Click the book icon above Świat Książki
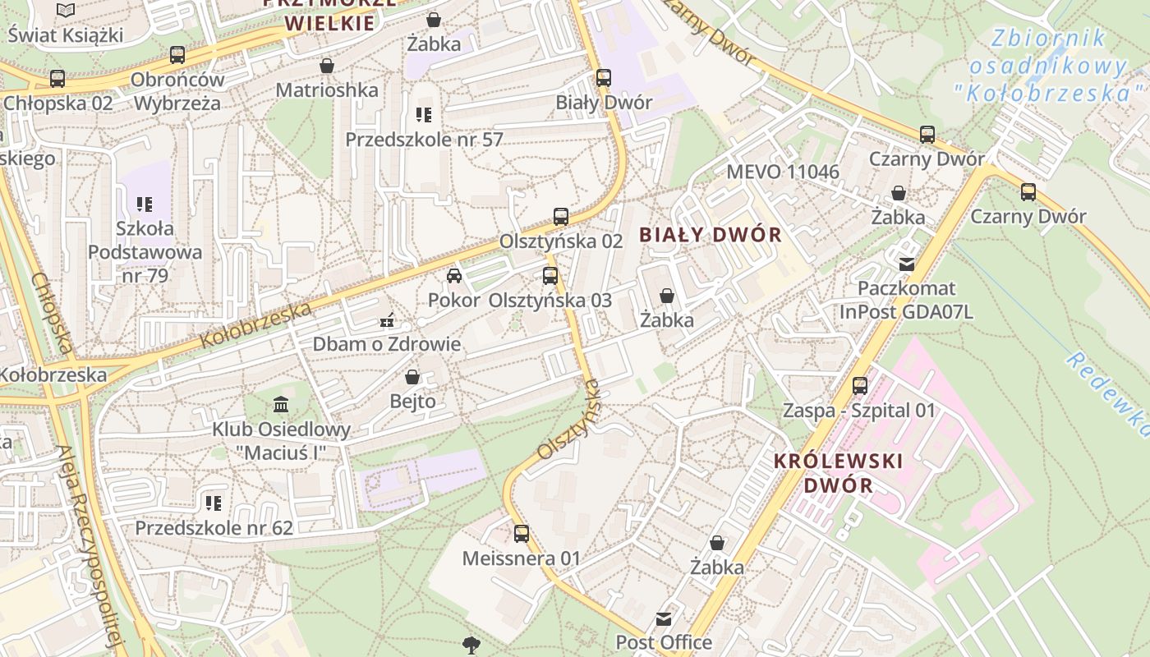click(x=66, y=11)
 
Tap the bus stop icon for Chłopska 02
click(x=57, y=79)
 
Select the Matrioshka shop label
click(x=327, y=90)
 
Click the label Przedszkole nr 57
click(x=424, y=140)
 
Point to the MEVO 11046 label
click(x=783, y=172)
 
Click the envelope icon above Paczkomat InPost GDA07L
click(x=907, y=264)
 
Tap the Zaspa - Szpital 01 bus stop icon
click(x=860, y=385)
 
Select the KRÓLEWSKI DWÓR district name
click(x=839, y=473)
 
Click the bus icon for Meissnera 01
click(x=522, y=534)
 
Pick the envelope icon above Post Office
click(x=664, y=618)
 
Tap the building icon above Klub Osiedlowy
click(x=281, y=404)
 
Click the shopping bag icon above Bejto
click(x=412, y=377)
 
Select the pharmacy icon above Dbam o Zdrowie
click(x=386, y=320)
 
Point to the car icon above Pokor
click(x=454, y=276)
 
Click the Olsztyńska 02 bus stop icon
click(x=561, y=217)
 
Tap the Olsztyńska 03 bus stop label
click(x=550, y=301)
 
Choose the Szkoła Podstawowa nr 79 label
click(x=145, y=252)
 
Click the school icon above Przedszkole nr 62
click(x=214, y=503)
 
